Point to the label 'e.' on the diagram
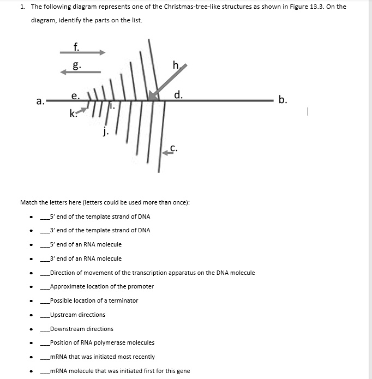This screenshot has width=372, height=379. tap(75, 95)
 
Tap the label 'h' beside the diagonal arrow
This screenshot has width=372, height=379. tap(176, 67)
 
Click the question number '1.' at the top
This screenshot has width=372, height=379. tap(22, 7)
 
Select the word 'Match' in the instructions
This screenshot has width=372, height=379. tap(28, 202)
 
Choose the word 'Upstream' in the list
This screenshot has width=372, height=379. tap(62, 315)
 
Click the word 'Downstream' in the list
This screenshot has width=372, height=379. tap(66, 329)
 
